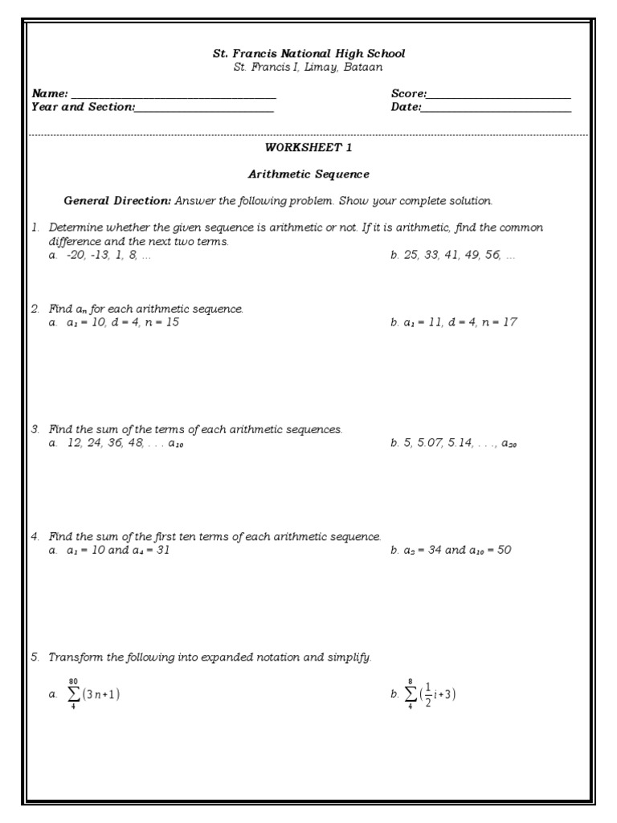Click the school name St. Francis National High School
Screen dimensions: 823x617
tap(308, 54)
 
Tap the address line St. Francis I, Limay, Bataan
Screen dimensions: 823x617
tap(308, 68)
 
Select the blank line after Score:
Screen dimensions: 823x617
tap(499, 96)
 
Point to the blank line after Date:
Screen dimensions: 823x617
tap(496, 109)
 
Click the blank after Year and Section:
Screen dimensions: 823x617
tap(205, 109)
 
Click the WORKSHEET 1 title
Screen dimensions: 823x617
tap(308, 148)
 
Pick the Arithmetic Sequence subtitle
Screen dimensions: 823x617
tap(308, 174)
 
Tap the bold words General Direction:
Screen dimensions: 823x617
tap(117, 201)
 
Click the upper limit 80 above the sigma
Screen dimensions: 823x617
tap(73, 680)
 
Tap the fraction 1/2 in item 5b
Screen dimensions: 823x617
tap(427, 695)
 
